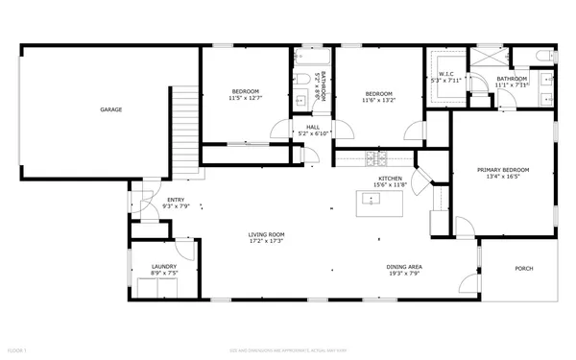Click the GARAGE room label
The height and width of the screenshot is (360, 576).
click(x=110, y=110)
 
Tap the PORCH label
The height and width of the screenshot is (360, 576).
click(x=523, y=268)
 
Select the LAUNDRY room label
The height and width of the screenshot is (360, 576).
click(x=163, y=266)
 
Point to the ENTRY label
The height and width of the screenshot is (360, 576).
click(x=149, y=199)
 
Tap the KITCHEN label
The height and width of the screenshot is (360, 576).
click(x=389, y=178)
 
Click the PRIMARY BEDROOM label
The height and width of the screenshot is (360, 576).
click(x=503, y=170)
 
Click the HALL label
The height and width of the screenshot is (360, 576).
click(x=313, y=127)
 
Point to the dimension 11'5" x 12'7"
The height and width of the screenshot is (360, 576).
click(x=245, y=98)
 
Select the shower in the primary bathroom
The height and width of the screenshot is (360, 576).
click(x=486, y=60)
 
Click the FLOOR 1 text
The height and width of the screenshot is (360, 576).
click(x=17, y=352)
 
